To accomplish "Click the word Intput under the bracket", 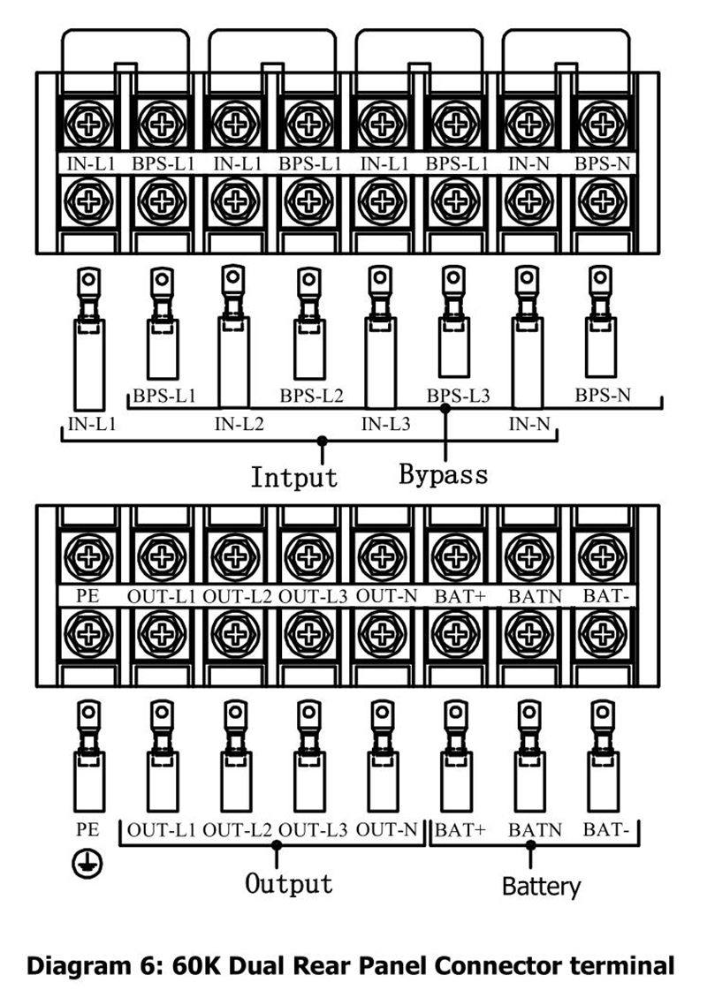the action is click(x=293, y=477).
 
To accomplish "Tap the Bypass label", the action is click(x=444, y=474).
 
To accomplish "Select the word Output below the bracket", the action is click(x=289, y=883).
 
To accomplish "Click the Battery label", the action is click(x=542, y=887).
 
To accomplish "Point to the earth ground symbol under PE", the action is click(x=87, y=865).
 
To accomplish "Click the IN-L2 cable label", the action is click(x=239, y=424).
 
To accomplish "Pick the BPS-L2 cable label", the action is click(x=311, y=396).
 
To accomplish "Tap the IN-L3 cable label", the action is click(x=385, y=424).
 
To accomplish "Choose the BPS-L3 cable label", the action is click(x=458, y=396).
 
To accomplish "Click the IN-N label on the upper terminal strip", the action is click(x=529, y=163).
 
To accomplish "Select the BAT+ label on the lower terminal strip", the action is click(x=460, y=595).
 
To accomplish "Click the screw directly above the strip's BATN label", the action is click(x=528, y=556).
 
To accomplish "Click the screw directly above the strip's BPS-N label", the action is click(x=602, y=124).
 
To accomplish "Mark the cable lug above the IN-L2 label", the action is click(x=234, y=336).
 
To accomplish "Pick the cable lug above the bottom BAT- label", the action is click(x=603, y=756).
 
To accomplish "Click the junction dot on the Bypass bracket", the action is click(x=445, y=409).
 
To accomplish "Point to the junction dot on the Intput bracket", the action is click(x=323, y=440).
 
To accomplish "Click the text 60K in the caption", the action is click(x=194, y=966).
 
